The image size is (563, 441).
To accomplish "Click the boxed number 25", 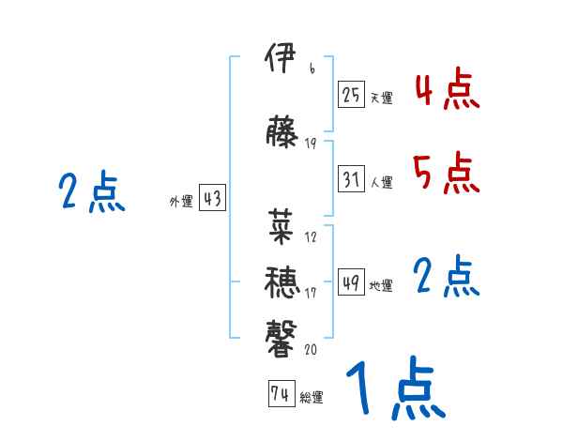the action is [352, 95].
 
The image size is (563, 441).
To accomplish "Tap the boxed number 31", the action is [352, 180].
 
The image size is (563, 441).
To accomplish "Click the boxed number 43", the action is [212, 199].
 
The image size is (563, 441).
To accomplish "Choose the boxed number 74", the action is [281, 395].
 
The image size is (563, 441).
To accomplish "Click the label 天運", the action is [381, 98].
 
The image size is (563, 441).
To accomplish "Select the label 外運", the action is [180, 201].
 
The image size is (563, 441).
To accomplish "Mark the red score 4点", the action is [447, 91].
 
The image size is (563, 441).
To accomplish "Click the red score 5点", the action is [447, 172].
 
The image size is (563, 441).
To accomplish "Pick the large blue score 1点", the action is [395, 388].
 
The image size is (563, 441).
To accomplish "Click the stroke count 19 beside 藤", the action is [311, 143].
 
